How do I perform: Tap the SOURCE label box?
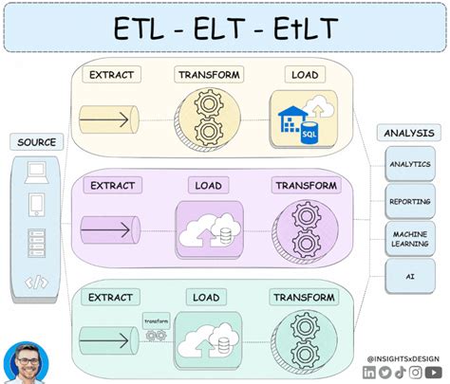(38, 142)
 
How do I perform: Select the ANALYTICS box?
(410, 164)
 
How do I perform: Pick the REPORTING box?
(410, 200)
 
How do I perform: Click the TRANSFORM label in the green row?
(304, 298)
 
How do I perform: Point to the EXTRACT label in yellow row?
(110, 74)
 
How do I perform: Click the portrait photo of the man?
(26, 362)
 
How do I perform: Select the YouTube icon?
(434, 373)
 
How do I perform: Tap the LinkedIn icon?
(369, 373)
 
